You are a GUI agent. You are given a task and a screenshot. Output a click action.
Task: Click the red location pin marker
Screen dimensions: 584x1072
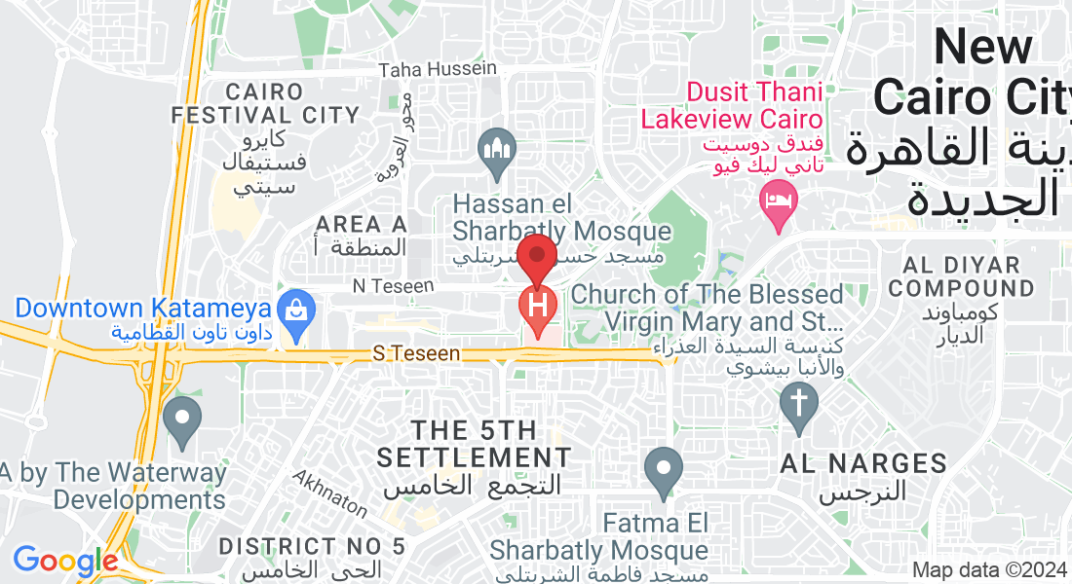(536, 258)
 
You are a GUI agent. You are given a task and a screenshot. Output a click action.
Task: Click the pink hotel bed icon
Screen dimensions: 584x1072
(778, 203)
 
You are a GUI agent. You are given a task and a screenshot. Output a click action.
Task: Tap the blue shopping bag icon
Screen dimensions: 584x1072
(294, 309)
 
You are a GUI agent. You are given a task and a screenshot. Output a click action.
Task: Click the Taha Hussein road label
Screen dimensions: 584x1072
(438, 69)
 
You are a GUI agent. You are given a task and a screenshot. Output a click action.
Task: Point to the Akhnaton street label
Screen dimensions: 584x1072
(330, 494)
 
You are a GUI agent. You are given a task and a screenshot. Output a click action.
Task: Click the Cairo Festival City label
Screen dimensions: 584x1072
(265, 103)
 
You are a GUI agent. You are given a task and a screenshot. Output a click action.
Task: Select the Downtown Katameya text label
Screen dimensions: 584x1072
(142, 309)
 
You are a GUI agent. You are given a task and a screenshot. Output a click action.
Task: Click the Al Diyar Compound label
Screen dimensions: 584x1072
(961, 276)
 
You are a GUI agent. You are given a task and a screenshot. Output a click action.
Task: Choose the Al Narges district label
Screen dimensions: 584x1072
(863, 463)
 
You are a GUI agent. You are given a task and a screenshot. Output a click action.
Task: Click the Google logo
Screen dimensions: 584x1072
(65, 561)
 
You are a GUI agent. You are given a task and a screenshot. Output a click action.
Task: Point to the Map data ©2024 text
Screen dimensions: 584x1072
(988, 570)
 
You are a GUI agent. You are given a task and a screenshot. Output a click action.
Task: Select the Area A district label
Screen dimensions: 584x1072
(361, 225)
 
